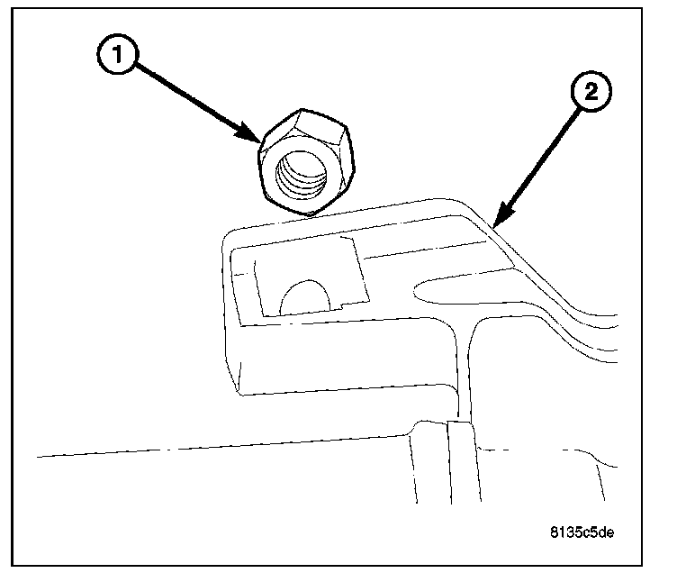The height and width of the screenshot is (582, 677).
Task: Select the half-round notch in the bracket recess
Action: pyautogui.click(x=306, y=298)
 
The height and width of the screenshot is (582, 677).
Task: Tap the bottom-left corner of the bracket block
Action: pyautogui.click(x=240, y=393)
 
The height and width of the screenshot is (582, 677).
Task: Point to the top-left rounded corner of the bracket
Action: pyautogui.click(x=230, y=236)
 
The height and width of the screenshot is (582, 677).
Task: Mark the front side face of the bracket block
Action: pyautogui.click(x=342, y=360)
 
